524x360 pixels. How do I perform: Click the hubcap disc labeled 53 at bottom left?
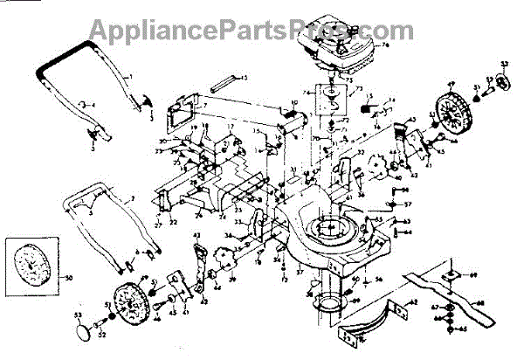pyautogui.click(x=82, y=332)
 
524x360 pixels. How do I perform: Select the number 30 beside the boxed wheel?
pyautogui.click(x=71, y=277)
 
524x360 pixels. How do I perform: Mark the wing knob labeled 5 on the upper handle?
pyautogui.click(x=91, y=132)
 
